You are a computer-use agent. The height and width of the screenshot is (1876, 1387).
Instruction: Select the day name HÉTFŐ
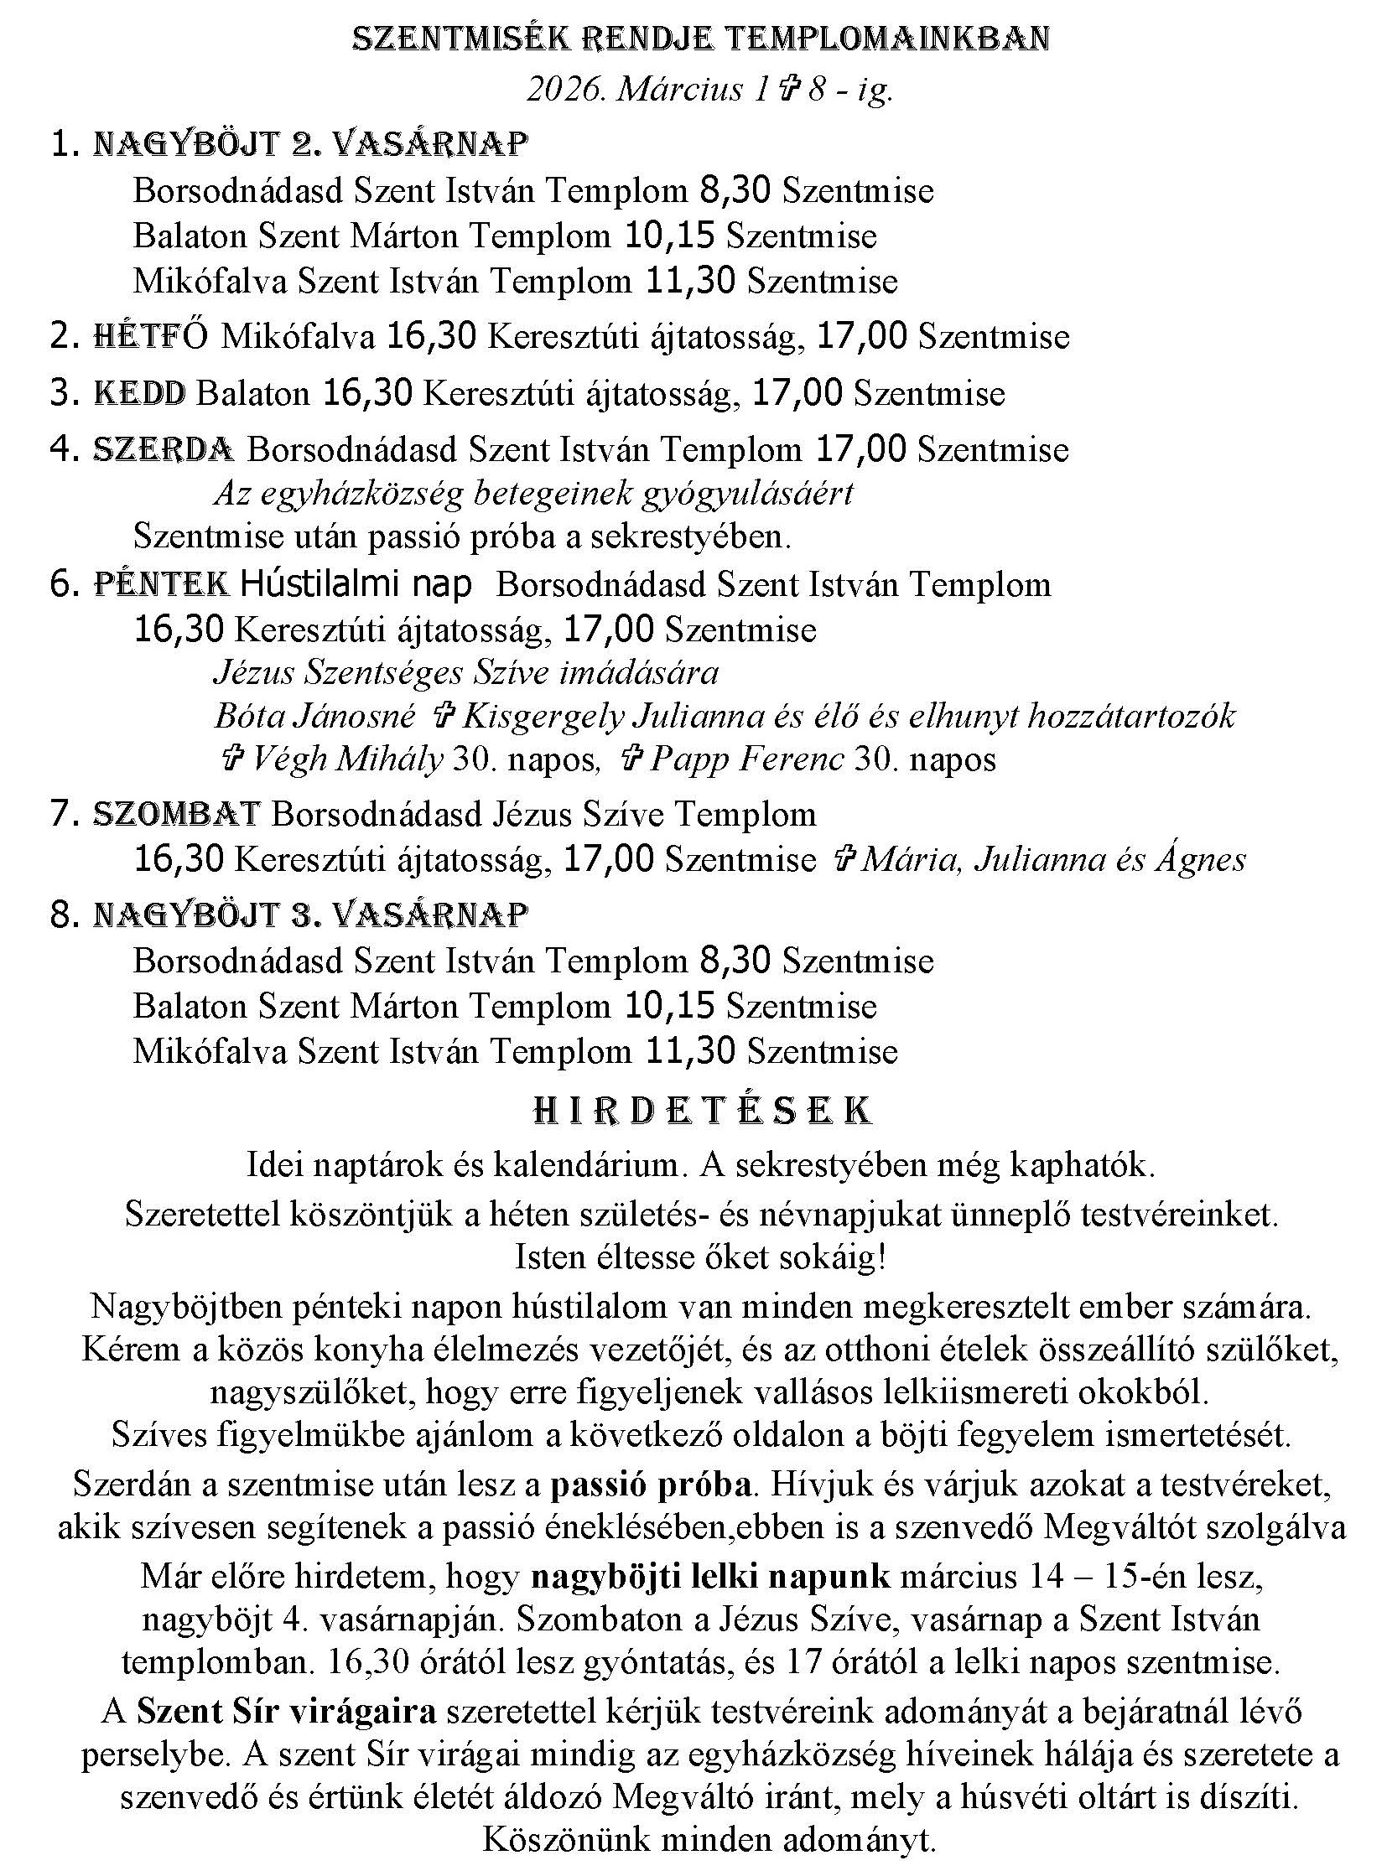pyautogui.click(x=150, y=337)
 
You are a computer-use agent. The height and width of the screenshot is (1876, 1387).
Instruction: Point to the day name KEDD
pyautogui.click(x=139, y=393)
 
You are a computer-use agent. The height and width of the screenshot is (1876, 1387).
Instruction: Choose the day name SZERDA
pyautogui.click(x=163, y=449)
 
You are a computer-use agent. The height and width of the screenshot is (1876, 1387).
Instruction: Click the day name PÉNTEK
pyautogui.click(x=161, y=584)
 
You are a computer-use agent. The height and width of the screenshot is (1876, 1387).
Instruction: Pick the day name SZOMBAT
pyautogui.click(x=176, y=813)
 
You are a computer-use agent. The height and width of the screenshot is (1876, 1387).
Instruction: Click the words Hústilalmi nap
pyautogui.click(x=356, y=584)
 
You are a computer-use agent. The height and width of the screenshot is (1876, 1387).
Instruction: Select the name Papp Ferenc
pyautogui.click(x=747, y=759)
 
